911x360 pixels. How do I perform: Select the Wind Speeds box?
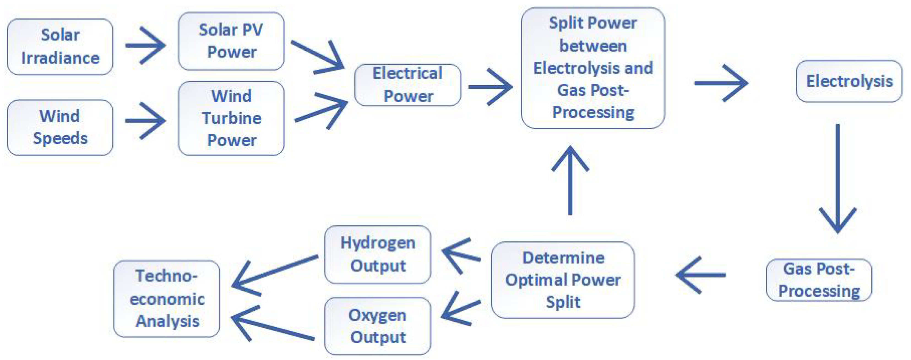[60, 127]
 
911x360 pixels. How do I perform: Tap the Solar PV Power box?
[231, 41]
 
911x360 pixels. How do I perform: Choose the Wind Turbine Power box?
[231, 118]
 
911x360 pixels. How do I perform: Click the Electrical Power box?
[407, 84]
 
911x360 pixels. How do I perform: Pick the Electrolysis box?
[849, 81]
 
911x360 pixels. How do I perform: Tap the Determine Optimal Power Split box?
[563, 280]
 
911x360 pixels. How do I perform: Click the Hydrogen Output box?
[377, 254]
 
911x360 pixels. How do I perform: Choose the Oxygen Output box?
[377, 326]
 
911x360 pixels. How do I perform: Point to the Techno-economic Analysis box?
[167, 298]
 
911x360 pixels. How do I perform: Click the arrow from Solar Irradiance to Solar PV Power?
[146, 45]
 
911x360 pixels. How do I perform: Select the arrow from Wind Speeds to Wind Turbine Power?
[146, 121]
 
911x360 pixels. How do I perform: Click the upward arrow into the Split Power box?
[570, 180]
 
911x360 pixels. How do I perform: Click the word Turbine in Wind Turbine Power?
[232, 118]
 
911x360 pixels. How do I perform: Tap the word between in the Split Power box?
[593, 46]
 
